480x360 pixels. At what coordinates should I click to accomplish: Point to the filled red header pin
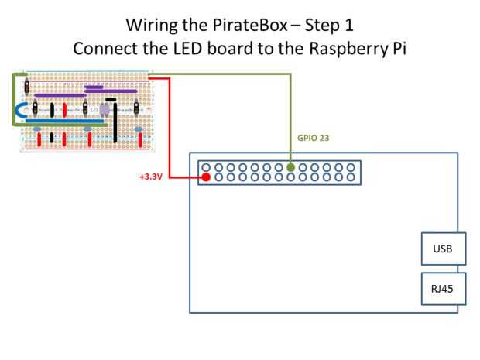tap(207, 178)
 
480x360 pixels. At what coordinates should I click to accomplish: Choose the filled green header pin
tap(291, 166)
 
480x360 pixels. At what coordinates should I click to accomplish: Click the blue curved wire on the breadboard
tap(19, 114)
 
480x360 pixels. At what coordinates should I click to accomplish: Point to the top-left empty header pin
tap(207, 166)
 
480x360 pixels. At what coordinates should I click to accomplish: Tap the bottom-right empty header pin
tap(352, 178)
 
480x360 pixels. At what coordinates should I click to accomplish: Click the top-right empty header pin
tap(352, 166)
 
